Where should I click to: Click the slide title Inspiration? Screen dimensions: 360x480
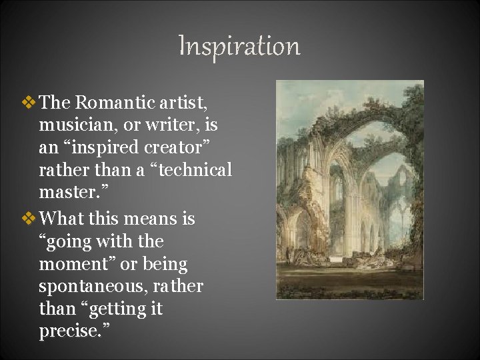coord(239,46)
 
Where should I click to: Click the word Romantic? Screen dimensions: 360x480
coord(114,102)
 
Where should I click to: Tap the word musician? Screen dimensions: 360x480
coord(73,125)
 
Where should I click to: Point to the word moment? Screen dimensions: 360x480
coord(75,264)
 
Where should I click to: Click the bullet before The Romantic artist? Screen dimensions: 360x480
coord(29,102)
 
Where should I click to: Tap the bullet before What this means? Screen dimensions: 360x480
coord(29,218)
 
